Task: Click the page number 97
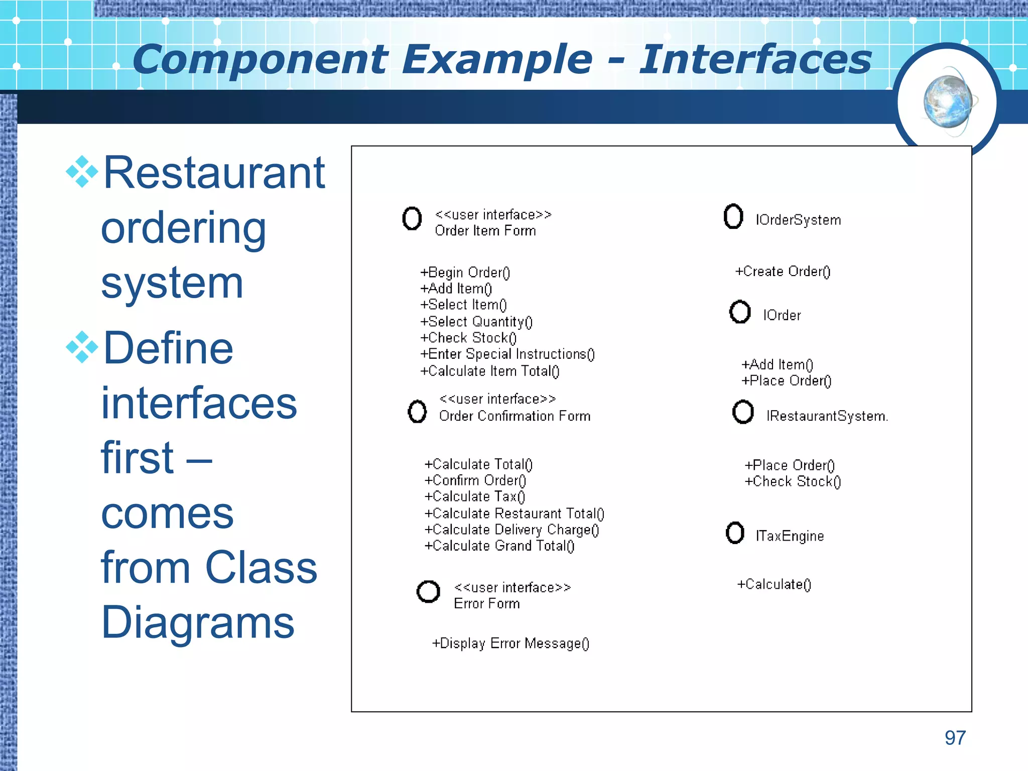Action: pos(955,738)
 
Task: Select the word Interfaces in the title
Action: pos(755,60)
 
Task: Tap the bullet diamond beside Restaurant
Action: pos(82,172)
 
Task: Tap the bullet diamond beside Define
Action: pos(82,347)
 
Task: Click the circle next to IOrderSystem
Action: pos(733,217)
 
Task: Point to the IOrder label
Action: pos(782,315)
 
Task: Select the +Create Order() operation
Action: pos(783,272)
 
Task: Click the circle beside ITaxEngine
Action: pos(735,533)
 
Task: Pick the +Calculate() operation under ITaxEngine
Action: pos(774,584)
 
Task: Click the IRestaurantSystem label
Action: pos(827,416)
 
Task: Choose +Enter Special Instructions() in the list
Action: pos(507,354)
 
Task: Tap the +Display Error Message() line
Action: pos(510,644)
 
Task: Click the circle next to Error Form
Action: pos(428,592)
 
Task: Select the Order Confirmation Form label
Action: pos(515,416)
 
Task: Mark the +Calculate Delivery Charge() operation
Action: pos(511,530)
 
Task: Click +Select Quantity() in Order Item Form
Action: pos(476,322)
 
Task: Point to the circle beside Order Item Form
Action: pos(412,218)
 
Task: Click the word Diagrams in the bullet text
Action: pos(198,622)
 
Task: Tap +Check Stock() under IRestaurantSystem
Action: pos(793,481)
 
